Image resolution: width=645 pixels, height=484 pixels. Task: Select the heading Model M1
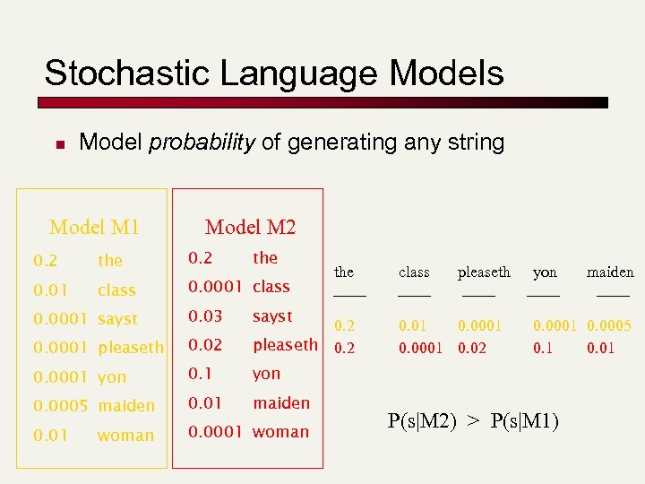coord(94,227)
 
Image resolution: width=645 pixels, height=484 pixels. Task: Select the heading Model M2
coord(250,227)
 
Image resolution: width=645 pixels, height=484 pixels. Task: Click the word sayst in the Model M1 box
coord(117,319)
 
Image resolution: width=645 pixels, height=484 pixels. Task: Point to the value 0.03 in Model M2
coord(205,315)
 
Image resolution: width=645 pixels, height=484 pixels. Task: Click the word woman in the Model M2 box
coord(280,432)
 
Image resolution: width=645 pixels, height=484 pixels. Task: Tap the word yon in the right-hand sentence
coord(545,272)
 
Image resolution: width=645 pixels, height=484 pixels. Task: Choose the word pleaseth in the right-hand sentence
coord(484,272)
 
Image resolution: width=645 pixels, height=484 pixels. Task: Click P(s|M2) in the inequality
coord(421,422)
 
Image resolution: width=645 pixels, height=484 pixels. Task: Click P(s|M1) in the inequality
coord(524,422)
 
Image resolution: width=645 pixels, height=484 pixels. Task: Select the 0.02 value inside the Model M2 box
coord(205,345)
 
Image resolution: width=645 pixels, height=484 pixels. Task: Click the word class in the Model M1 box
coord(116,290)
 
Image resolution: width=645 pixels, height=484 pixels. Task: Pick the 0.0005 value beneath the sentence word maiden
coord(609,326)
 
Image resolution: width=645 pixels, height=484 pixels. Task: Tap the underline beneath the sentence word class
coord(414,293)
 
